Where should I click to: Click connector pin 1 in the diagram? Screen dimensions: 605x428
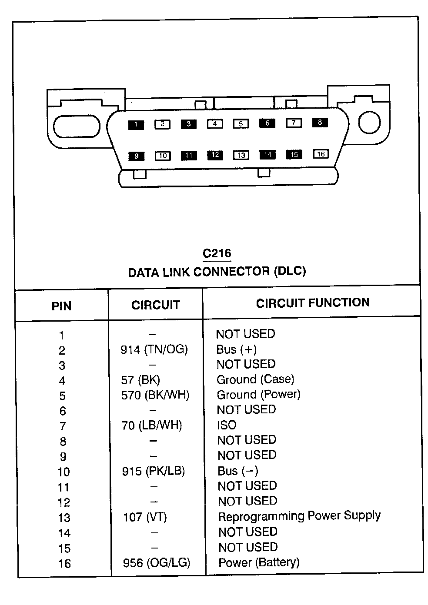click(x=136, y=125)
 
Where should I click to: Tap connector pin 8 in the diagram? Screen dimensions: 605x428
click(x=320, y=122)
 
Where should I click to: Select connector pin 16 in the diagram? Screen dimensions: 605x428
click(x=321, y=154)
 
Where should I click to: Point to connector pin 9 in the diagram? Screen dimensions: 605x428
click(x=136, y=156)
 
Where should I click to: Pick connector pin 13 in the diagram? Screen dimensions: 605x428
click(x=241, y=155)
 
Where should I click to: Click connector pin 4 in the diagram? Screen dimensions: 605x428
click(x=214, y=124)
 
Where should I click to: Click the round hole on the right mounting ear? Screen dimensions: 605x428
click(x=369, y=122)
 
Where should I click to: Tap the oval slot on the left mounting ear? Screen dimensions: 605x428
click(x=77, y=126)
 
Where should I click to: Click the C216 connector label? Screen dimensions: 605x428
click(x=217, y=253)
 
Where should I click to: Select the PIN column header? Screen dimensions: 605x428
click(x=61, y=306)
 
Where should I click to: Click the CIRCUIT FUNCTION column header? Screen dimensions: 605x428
click(x=313, y=303)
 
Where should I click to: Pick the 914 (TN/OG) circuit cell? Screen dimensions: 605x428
click(x=154, y=349)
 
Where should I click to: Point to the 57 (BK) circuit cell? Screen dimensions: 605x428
click(x=140, y=380)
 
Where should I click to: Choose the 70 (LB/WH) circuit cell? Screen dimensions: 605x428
click(x=151, y=425)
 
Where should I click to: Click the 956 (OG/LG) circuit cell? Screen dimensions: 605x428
click(x=157, y=563)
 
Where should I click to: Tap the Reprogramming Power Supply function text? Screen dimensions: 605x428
click(x=299, y=516)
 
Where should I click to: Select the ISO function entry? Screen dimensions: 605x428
click(x=227, y=425)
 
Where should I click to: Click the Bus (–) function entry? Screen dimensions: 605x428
click(x=238, y=471)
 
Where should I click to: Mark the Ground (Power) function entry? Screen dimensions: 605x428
click(x=258, y=395)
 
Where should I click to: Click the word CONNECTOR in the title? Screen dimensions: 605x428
click(x=231, y=272)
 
